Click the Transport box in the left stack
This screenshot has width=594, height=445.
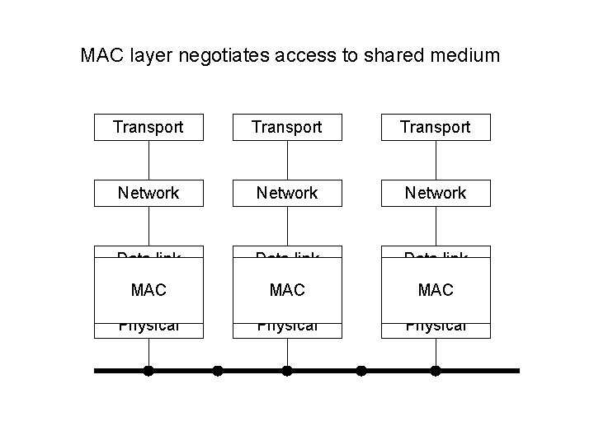pos(148,127)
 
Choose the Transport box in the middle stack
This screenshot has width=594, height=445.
pos(287,127)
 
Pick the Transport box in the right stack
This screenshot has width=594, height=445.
pos(436,127)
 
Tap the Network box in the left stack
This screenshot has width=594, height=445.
pos(148,193)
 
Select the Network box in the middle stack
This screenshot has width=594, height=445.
pos(287,193)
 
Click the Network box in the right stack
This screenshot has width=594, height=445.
pos(436,193)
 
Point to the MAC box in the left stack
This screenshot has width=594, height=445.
pos(148,290)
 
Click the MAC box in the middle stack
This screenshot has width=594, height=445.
pos(287,290)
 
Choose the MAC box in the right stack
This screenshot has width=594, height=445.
pos(436,290)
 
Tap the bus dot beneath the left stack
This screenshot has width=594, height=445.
pos(148,371)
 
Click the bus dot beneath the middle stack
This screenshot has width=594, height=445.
pos(287,371)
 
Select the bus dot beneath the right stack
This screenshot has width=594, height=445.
pos(436,371)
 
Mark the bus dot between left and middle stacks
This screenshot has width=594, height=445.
pos(218,371)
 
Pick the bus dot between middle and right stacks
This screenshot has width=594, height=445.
pos(361,371)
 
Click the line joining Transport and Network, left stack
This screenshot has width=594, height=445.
pos(148,160)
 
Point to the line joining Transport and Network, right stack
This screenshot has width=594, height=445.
pos(436,160)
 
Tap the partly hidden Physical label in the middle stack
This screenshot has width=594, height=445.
pos(287,327)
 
